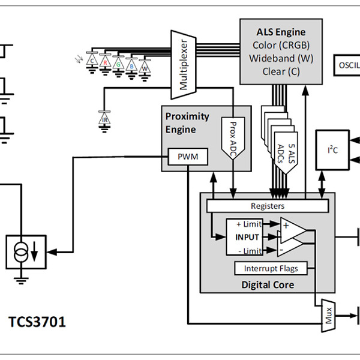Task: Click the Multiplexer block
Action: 184,65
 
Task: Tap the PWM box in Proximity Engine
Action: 188,157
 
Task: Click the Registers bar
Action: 268,206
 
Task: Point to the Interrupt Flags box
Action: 271,268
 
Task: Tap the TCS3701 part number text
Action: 37,322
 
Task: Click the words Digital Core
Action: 267,284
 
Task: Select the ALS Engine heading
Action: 281,32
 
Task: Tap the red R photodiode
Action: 106,62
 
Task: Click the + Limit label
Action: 248,224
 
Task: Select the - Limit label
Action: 248,250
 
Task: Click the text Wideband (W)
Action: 281,58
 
